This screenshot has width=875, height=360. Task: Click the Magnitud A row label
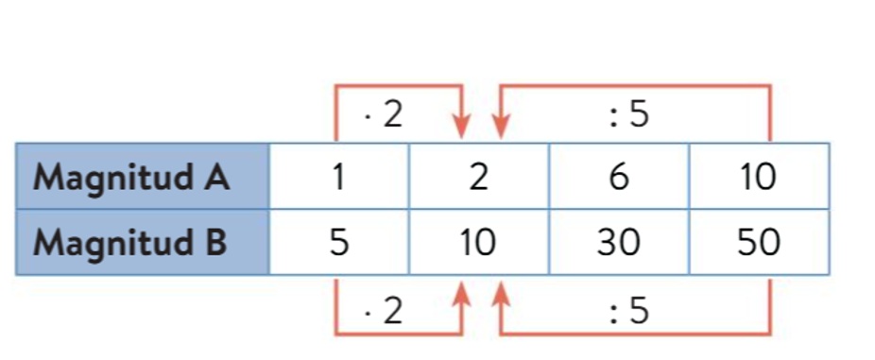[131, 177]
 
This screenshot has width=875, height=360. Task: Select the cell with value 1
[338, 177]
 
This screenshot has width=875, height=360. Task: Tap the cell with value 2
[479, 177]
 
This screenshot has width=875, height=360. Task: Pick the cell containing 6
[619, 177]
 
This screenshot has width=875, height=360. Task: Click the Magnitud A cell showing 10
[759, 177]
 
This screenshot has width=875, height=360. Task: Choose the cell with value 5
[338, 243]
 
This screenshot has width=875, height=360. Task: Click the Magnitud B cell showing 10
[478, 243]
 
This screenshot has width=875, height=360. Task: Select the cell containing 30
[619, 243]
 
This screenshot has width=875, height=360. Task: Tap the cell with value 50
[759, 243]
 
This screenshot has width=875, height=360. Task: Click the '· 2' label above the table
[383, 115]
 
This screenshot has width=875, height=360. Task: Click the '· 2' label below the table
[383, 310]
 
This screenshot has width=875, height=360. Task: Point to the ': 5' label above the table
[630, 115]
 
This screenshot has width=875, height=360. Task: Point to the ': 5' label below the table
[630, 310]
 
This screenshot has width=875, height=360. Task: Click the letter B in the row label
[214, 243]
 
